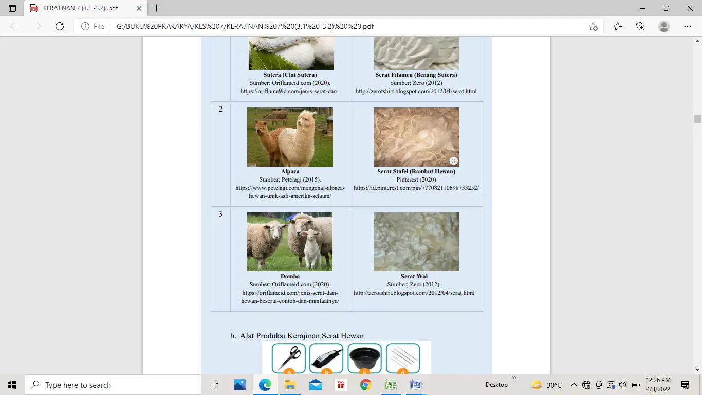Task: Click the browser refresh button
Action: pos(60,26)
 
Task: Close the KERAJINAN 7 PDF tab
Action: pos(139,8)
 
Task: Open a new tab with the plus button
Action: pos(156,8)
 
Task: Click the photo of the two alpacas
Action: pos(290,137)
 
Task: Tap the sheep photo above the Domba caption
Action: pos(290,242)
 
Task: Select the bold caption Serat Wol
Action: pos(414,276)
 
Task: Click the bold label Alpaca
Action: pos(290,171)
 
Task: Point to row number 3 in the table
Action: pos(220,214)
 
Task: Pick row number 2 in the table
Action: pos(220,109)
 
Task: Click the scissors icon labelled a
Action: pos(289,358)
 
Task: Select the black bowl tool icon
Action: pos(364,358)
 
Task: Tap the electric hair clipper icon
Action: pos(326,358)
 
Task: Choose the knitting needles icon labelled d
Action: pos(403,358)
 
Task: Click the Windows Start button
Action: pos(12,385)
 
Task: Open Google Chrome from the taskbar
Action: pos(365,385)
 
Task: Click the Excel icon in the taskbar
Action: pos(391,385)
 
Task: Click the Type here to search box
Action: pos(113,385)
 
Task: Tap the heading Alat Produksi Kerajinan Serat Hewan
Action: pos(302,336)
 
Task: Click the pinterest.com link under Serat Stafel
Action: pos(416,188)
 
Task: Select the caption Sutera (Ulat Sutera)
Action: pos(290,75)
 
